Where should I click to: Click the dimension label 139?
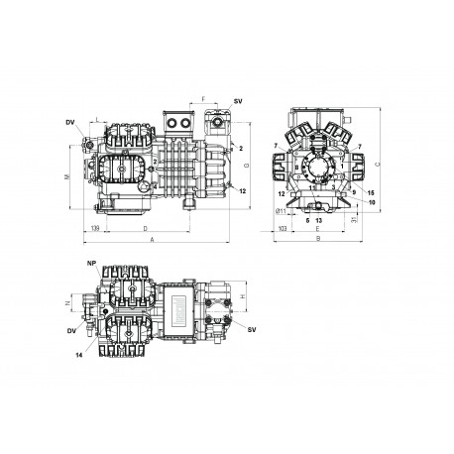click(x=94, y=229)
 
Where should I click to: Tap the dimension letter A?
click(x=152, y=240)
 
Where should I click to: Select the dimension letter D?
click(x=146, y=229)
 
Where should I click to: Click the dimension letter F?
click(x=203, y=101)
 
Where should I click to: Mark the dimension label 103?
click(x=283, y=229)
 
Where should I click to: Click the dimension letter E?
click(x=316, y=229)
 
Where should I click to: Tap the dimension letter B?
click(x=316, y=240)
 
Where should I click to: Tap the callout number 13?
click(x=319, y=219)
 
